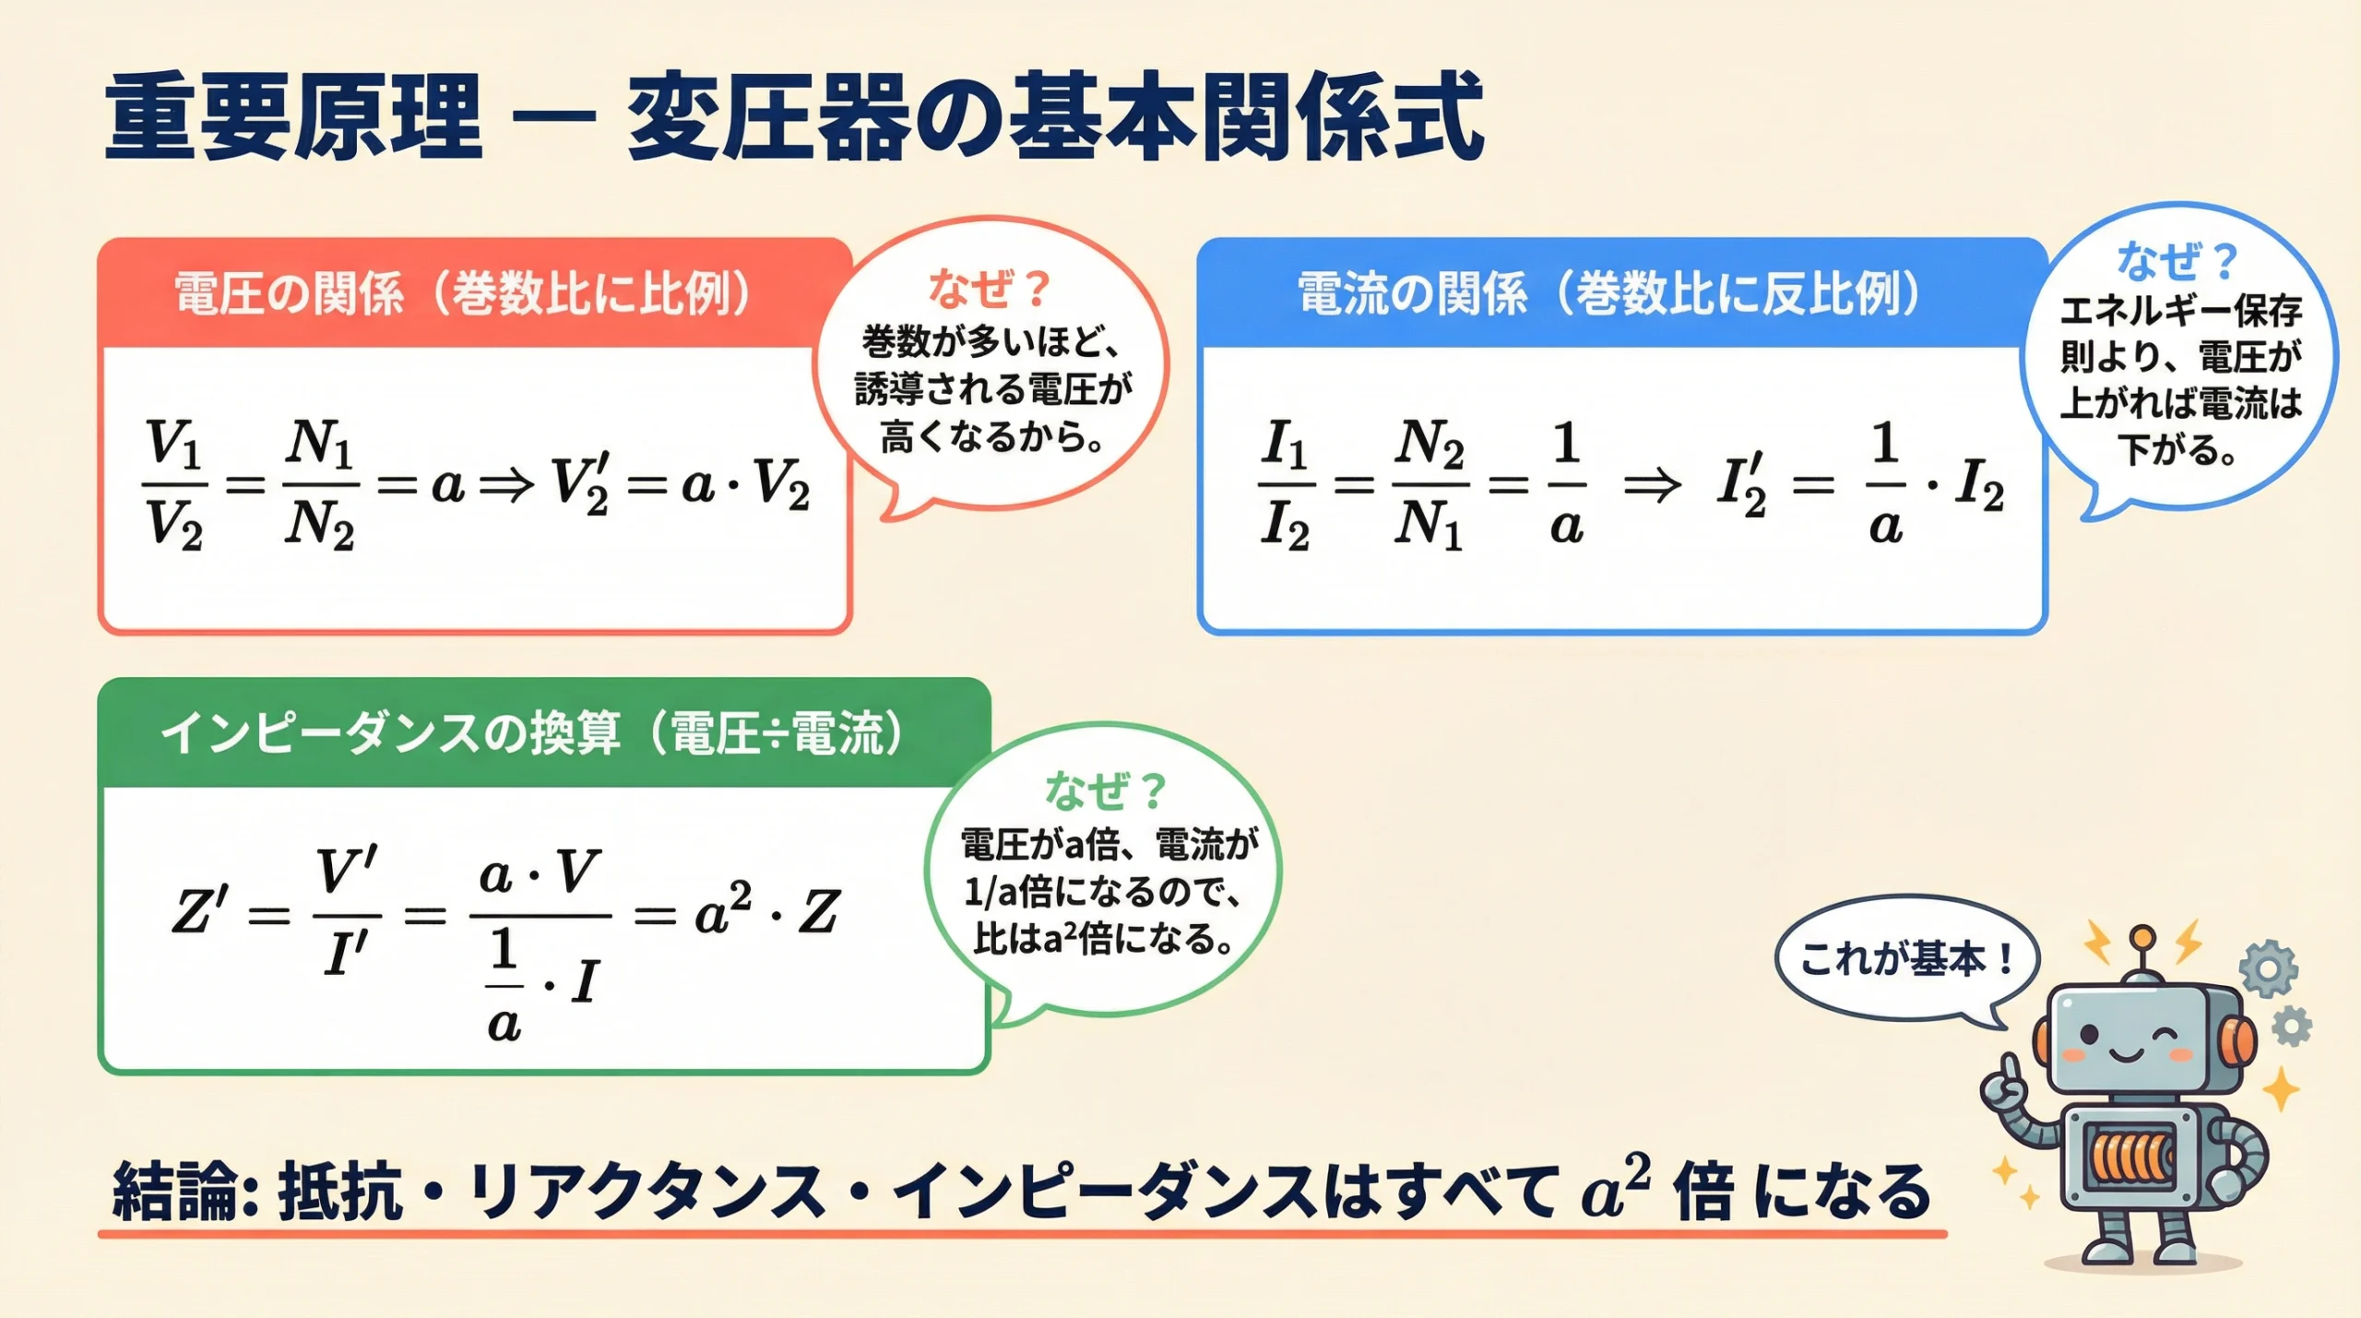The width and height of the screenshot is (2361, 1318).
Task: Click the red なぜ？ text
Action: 990,288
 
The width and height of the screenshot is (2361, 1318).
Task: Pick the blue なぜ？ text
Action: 2177,260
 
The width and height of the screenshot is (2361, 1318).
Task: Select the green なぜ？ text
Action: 1106,790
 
